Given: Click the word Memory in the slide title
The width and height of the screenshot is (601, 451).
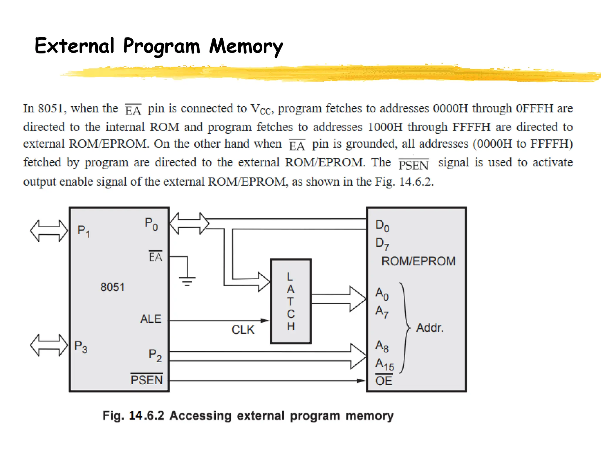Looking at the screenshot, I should pos(246,46).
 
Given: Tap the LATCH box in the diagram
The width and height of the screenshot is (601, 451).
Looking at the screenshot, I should pos(291,301).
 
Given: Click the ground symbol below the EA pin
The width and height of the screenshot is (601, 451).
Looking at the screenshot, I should pos(187,280).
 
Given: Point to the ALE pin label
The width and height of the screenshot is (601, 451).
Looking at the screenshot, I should pos(151,319).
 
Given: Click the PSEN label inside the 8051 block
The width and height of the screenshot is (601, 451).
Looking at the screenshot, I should pos(146,380).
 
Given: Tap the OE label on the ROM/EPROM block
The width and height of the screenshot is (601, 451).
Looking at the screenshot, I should pos(384,381).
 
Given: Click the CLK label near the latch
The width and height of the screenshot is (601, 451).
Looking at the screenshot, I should pos(243,330).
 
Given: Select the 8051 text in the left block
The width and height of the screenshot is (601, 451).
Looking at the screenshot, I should pos(112,287).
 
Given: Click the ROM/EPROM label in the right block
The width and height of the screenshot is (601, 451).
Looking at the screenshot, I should pos(418,261).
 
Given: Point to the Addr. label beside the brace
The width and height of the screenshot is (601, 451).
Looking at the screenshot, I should pos(430,328).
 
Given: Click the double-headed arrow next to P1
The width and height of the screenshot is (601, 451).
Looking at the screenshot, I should pos(49,231).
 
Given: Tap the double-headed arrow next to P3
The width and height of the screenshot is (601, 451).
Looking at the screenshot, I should pos(49,345).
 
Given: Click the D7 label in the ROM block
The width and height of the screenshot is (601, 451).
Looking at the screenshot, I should pos(382,244).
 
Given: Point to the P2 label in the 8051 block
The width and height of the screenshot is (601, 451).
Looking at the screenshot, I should pos(155,355).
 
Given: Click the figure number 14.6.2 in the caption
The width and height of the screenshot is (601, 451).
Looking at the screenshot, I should pos(146,416).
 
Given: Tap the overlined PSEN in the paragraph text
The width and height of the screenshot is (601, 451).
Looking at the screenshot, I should pos(413,165).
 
